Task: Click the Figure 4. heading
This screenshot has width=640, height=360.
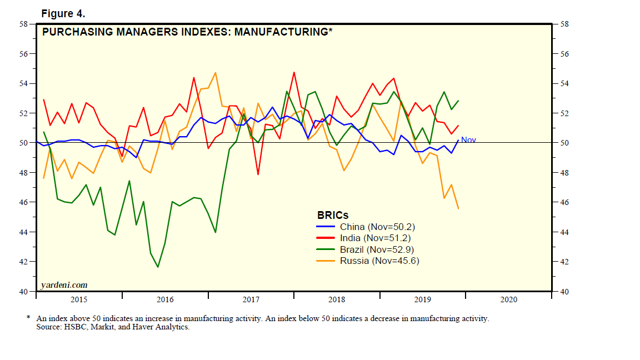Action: tap(63, 13)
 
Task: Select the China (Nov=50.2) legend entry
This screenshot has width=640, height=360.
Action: tap(377, 227)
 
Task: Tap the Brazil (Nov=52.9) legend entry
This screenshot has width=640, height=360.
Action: tap(377, 249)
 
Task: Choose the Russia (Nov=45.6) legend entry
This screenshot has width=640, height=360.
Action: tap(379, 260)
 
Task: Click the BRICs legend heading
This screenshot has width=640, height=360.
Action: tap(333, 215)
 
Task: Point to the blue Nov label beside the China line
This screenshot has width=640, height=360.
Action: tap(468, 140)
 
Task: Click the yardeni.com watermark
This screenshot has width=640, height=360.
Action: tap(64, 285)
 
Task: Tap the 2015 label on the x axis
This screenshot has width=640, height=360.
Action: tap(79, 299)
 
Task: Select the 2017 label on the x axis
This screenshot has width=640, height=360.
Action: tap(251, 299)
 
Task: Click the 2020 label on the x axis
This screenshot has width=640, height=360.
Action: tap(509, 299)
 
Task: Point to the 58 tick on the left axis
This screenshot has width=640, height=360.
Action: tap(23, 24)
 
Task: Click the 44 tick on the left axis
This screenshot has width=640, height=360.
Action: tap(23, 232)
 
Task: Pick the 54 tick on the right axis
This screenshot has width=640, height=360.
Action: tap(564, 84)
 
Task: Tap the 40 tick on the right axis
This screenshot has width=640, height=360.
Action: tap(564, 291)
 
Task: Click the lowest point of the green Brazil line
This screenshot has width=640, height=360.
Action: tap(158, 267)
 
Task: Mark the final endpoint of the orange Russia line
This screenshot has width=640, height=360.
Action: tap(458, 208)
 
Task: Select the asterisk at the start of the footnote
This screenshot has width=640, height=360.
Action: tap(28, 318)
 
